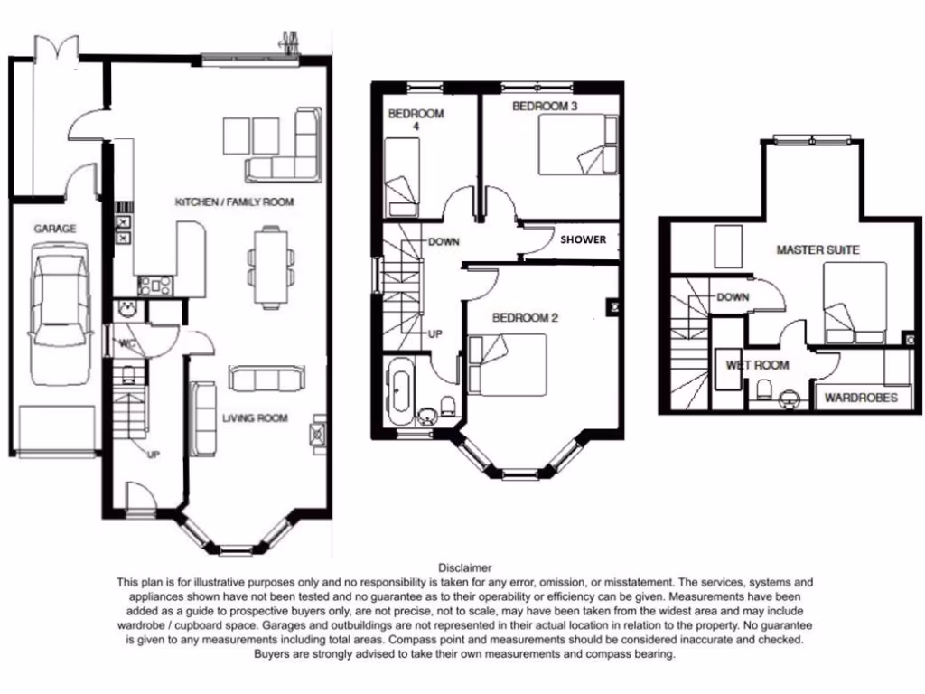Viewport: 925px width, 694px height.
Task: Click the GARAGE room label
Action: point(55,230)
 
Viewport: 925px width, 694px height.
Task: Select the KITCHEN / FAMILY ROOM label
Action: point(234,202)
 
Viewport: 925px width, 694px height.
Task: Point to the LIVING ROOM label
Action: point(255,418)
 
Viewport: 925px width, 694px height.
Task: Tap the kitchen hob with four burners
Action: point(154,286)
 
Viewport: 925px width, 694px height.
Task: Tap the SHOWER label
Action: point(583,240)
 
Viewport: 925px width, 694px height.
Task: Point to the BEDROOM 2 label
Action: point(525,318)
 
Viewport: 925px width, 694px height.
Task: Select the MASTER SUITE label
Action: point(818,249)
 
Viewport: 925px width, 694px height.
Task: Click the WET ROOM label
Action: point(757,366)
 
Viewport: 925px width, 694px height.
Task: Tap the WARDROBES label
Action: point(861,398)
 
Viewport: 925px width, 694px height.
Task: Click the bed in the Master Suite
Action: point(854,303)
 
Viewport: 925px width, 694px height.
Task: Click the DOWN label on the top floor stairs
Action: point(731,297)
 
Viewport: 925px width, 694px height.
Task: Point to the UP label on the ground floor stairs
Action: point(153,455)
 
